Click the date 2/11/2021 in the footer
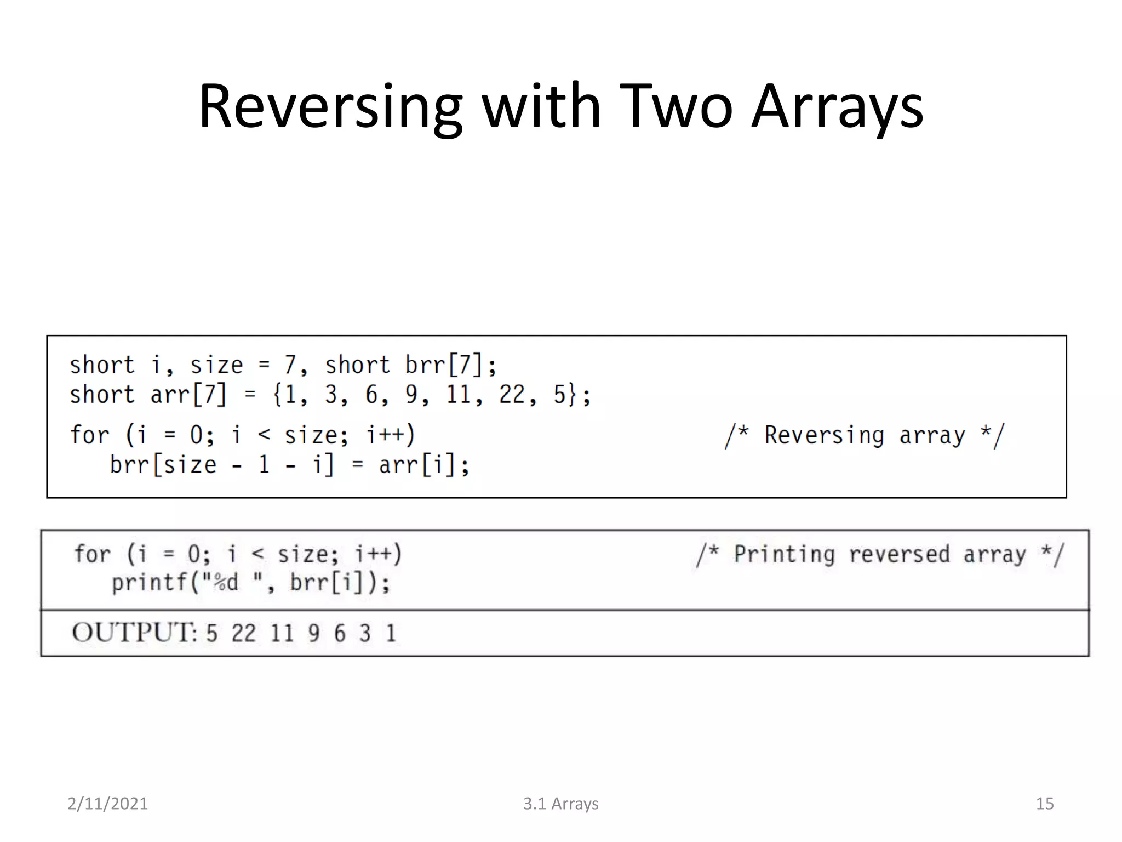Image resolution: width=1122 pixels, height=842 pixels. click(x=107, y=804)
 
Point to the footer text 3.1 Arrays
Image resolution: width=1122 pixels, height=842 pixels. click(x=560, y=804)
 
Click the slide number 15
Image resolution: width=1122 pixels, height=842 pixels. click(x=1044, y=804)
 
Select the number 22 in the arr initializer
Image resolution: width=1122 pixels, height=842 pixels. click(x=512, y=395)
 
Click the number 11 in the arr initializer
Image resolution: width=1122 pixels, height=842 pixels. click(x=458, y=395)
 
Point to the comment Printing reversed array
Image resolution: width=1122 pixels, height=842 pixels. click(x=880, y=554)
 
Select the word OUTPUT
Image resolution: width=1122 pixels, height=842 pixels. click(x=134, y=633)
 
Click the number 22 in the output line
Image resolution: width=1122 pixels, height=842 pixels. click(x=243, y=634)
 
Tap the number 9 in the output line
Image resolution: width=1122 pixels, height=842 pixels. click(x=313, y=634)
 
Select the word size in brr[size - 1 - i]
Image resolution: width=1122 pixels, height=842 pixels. click(x=190, y=465)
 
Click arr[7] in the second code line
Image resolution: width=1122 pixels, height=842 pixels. click(x=188, y=395)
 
